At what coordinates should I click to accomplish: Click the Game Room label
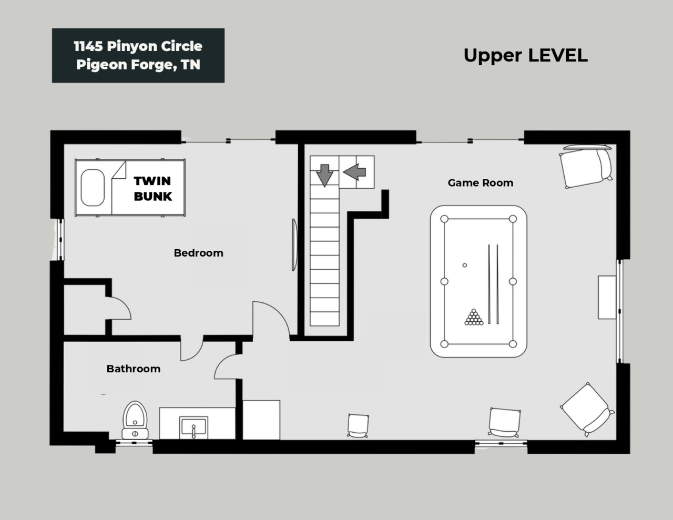point(480,183)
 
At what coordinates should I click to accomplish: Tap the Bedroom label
point(198,253)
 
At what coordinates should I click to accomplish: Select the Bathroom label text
point(133,369)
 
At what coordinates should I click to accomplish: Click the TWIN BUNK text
point(152,188)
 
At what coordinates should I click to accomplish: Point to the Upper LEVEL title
point(525,55)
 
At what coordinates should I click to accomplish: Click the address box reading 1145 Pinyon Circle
point(138,55)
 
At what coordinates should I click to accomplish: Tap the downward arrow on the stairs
point(324,175)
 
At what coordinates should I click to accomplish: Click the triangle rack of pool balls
point(474,317)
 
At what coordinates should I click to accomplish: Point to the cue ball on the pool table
point(465,265)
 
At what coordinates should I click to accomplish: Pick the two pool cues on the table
point(493,284)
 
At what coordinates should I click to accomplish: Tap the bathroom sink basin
point(193,427)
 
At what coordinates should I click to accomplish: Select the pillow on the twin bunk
point(93,187)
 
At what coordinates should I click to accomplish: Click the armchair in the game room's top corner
point(586,166)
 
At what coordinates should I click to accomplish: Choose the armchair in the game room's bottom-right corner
point(587,409)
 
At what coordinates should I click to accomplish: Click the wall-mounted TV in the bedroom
point(294,245)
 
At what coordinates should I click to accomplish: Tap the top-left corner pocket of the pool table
point(445,219)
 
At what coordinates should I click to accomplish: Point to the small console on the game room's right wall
point(607,297)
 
